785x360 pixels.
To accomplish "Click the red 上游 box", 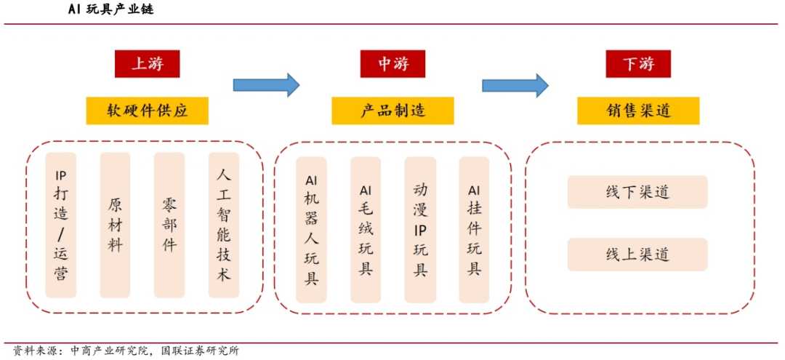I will (147, 64).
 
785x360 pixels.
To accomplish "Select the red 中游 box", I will (392, 64).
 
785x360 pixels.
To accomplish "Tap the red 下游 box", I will (638, 64).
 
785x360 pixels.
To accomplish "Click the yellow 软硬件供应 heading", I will (147, 111).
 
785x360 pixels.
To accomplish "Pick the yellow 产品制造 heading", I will (392, 111).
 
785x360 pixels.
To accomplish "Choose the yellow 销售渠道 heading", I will (638, 111).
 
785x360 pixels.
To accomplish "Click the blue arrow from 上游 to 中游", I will (266, 85).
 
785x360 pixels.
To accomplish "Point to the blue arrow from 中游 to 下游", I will (515, 85).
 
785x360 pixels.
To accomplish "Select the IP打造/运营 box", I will (60, 225).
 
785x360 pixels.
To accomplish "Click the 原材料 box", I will (115, 225).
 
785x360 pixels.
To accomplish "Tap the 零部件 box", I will (169, 225).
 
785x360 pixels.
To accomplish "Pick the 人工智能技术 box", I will (223, 225).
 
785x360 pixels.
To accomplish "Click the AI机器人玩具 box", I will (311, 230).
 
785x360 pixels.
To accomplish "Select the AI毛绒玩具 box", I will (366, 230).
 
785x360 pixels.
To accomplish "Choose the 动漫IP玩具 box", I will (420, 230).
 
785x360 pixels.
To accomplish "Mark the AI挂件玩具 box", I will (474, 230).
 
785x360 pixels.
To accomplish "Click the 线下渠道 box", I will (637, 193).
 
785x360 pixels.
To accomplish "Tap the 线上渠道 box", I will (637, 255).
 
